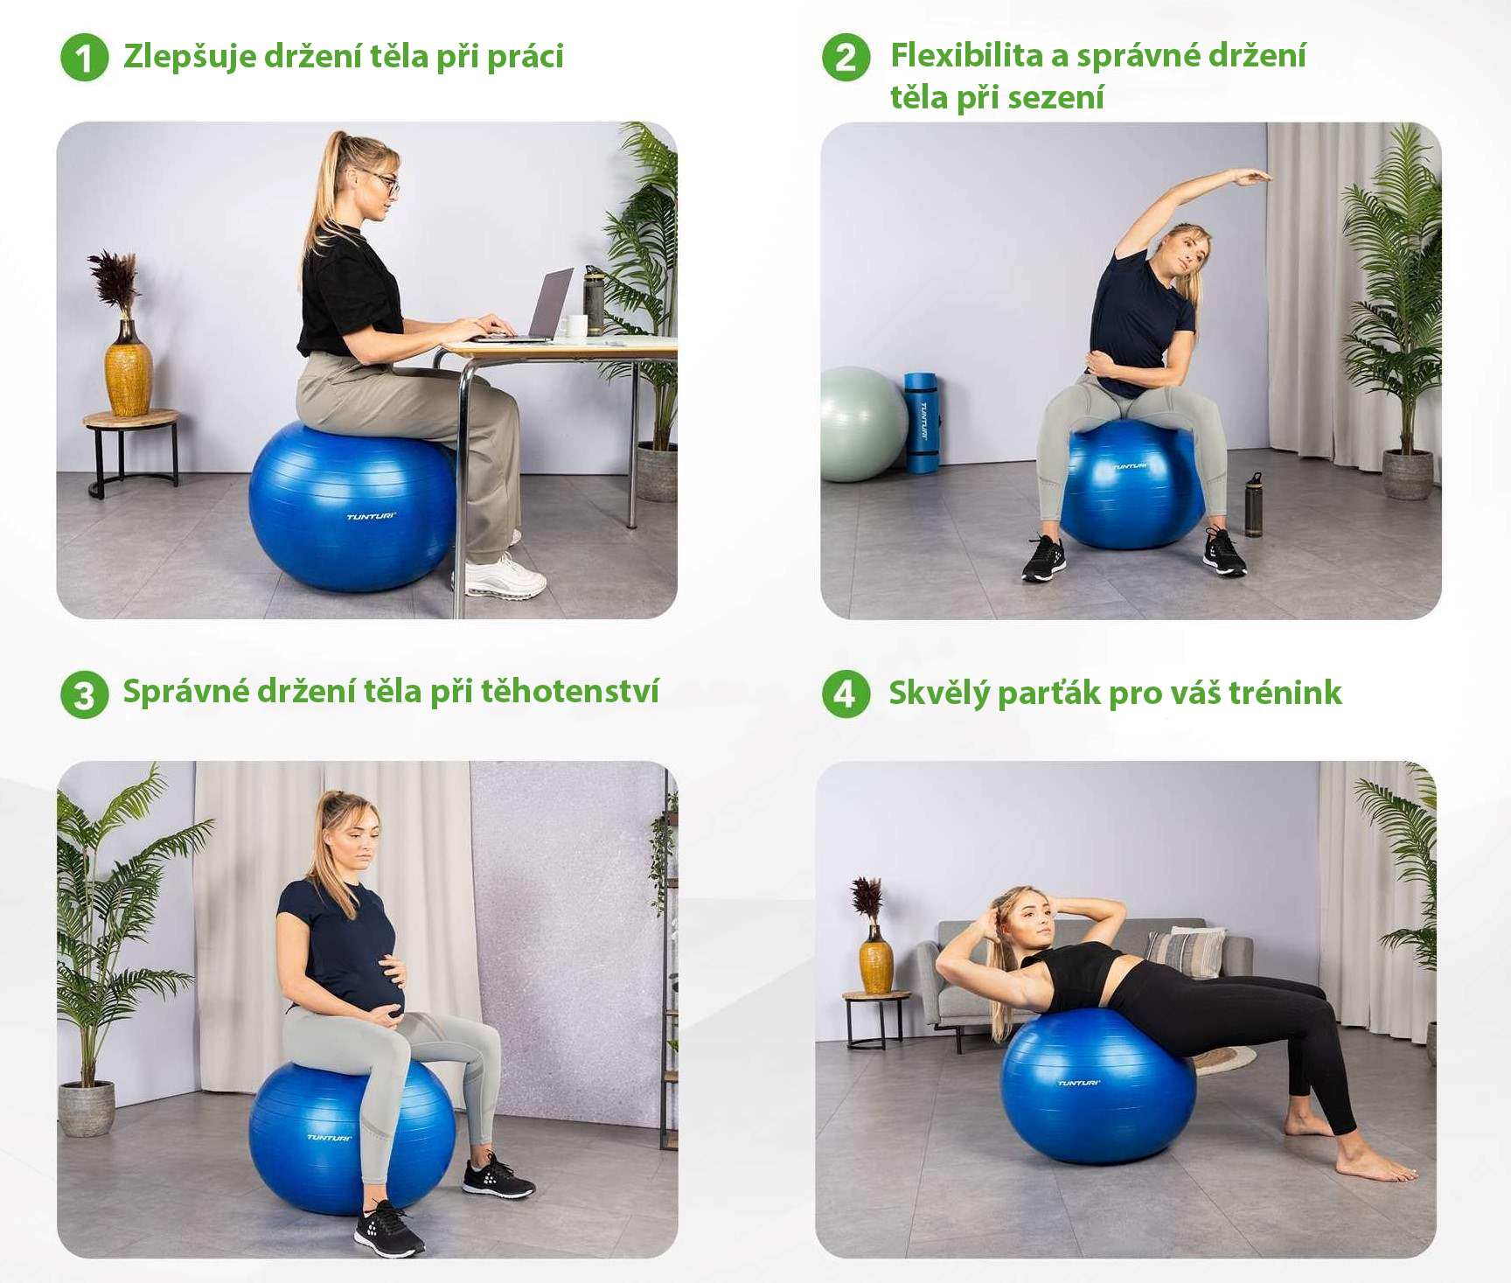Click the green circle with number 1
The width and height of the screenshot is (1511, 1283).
[84, 58]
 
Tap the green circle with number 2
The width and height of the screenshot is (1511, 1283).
[846, 58]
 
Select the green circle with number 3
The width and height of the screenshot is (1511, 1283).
[84, 695]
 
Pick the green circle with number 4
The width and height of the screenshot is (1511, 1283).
[846, 694]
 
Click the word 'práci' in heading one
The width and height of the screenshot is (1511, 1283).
[525, 58]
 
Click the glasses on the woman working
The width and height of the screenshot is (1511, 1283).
[382, 180]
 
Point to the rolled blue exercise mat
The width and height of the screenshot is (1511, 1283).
[921, 423]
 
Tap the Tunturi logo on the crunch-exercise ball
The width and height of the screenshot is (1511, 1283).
[1080, 1083]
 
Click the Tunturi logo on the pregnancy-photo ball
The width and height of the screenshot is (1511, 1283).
[329, 1137]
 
